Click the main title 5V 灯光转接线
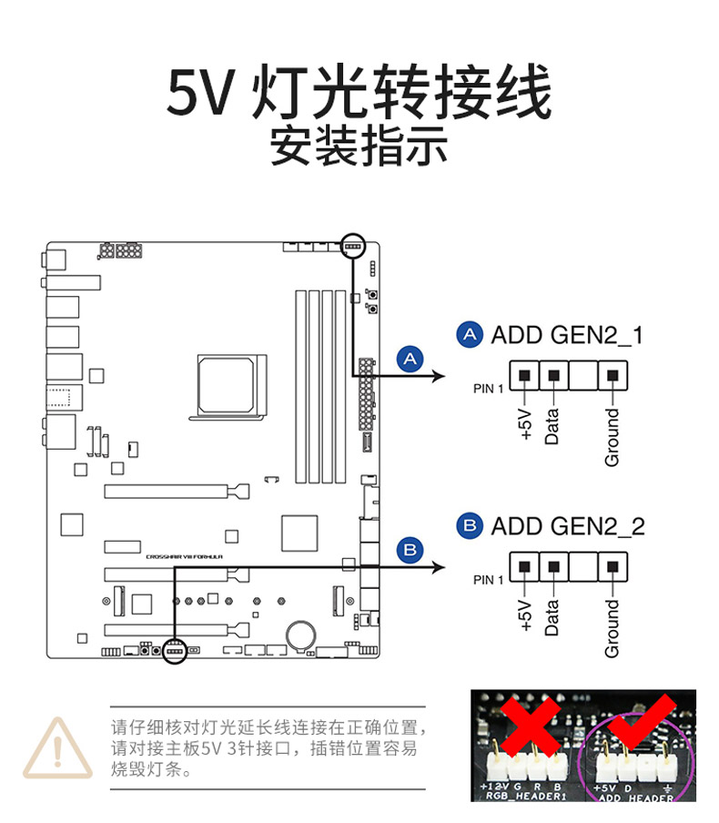[359, 93]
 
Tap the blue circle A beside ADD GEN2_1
[470, 335]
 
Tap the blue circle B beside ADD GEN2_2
[470, 525]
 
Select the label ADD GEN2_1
[566, 335]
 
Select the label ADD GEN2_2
[567, 526]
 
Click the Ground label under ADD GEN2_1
[612, 437]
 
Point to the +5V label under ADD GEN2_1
[525, 424]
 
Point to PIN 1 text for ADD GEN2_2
[488, 580]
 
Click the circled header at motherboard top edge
[352, 245]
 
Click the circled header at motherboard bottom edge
[173, 651]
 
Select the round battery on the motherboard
[300, 634]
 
